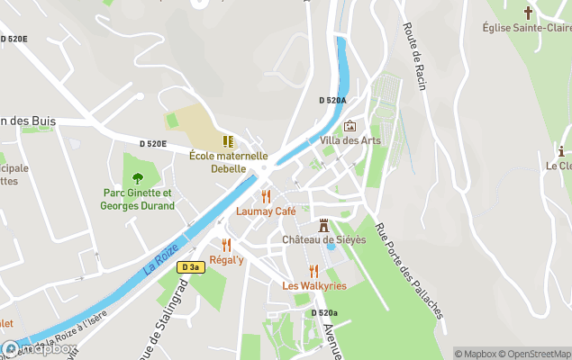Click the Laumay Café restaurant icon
pyautogui.click(x=266, y=196)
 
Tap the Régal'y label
pyautogui.click(x=226, y=260)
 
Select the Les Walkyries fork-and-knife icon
pyautogui.click(x=313, y=271)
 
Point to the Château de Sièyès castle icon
pyautogui.click(x=323, y=225)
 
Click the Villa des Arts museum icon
pyautogui.click(x=350, y=126)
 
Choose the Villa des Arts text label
pyautogui.click(x=350, y=140)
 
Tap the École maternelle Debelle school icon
pyautogui.click(x=228, y=141)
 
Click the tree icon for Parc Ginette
pyautogui.click(x=137, y=178)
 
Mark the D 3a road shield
pyautogui.click(x=189, y=267)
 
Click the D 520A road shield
pyautogui.click(x=332, y=101)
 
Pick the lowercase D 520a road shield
pyautogui.click(x=324, y=312)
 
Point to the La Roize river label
pyautogui.click(x=161, y=257)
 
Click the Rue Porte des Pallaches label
pyautogui.click(x=409, y=270)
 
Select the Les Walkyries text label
pyautogui.click(x=314, y=286)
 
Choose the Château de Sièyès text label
pyautogui.click(x=324, y=240)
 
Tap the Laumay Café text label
pyautogui.click(x=266, y=211)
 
